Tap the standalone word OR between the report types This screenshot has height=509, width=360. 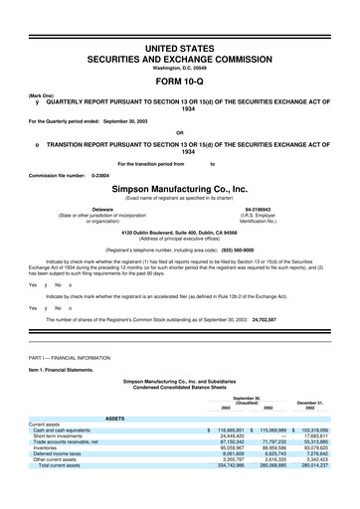[179, 132]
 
